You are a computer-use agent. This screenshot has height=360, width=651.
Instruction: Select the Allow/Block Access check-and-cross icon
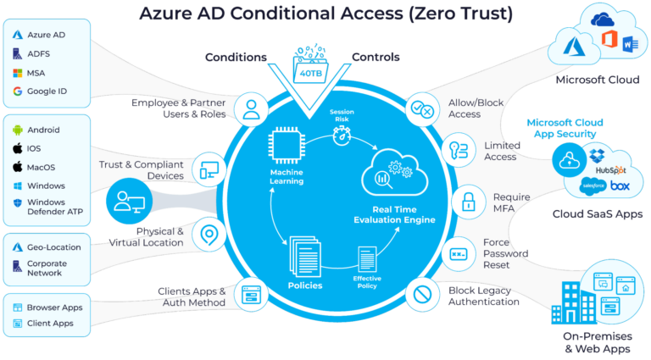point(421,108)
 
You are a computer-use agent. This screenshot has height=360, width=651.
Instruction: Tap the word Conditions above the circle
point(236,58)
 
